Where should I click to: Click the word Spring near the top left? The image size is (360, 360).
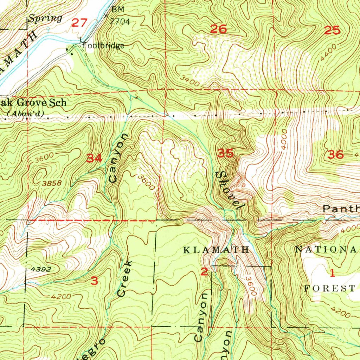click(45, 18)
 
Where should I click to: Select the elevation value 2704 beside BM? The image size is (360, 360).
click(120, 21)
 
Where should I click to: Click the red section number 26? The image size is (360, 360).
click(218, 29)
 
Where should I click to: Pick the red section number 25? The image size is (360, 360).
click(332, 31)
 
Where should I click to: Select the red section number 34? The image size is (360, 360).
click(95, 159)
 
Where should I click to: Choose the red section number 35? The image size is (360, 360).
click(225, 153)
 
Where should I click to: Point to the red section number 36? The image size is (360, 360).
click(335, 154)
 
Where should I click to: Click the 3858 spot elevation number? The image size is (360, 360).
click(52, 183)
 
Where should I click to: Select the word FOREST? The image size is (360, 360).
click(329, 289)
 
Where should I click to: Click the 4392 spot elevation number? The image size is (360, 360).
click(40, 270)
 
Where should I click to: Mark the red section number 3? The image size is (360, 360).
click(94, 281)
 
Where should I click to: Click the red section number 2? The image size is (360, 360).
click(204, 271)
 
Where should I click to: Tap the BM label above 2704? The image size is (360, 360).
click(118, 9)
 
